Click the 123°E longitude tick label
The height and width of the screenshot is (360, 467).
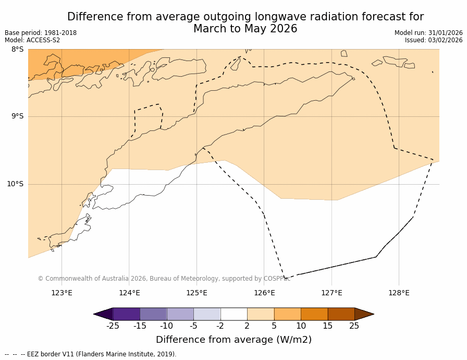62,293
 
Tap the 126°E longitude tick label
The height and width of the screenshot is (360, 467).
264,293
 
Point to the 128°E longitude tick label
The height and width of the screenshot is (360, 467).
399,293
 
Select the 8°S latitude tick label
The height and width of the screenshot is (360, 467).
17,50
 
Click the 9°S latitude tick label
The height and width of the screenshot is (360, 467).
17,116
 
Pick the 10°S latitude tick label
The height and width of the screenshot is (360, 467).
15,184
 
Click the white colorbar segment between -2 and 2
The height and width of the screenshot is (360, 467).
233,314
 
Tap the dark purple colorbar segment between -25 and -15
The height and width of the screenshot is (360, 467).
126,314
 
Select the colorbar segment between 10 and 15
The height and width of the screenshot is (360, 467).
314,314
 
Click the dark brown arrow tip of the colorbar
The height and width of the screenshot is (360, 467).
364,314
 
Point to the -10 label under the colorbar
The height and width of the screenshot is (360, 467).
166,326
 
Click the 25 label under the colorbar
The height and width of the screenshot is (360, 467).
354,326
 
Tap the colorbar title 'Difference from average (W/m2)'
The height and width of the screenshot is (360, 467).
233,340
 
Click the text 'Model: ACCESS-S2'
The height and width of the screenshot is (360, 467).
32,40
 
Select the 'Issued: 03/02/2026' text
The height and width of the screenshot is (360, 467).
434,40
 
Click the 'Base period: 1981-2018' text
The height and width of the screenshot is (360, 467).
41,33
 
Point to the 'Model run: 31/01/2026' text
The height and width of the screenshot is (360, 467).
428,33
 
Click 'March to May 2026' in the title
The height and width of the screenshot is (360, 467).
245,29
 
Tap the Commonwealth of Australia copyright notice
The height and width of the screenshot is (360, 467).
164,279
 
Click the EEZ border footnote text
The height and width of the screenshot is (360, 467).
91,354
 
